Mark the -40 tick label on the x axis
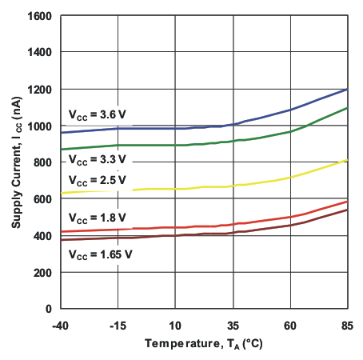61,325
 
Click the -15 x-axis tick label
118,325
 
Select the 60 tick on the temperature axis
290,325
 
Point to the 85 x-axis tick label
348,325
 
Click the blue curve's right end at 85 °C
347,89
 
